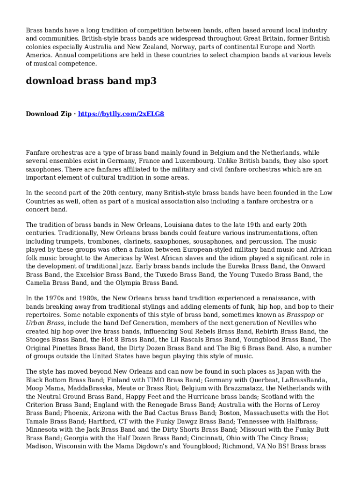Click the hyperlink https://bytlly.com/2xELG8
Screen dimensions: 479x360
point(121,114)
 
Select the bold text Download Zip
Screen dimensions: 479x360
point(49,114)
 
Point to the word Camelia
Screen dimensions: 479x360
point(39,283)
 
